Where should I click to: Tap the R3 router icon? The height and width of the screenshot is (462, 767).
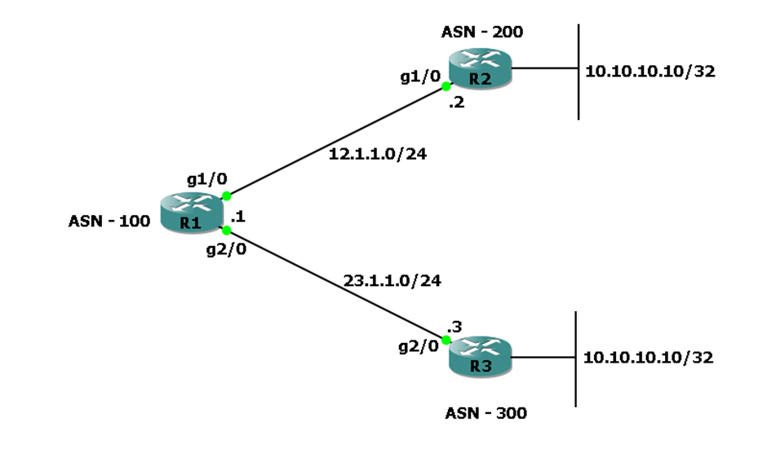(480, 356)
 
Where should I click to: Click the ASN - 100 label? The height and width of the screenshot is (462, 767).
(109, 220)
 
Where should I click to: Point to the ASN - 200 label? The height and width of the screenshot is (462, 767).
(482, 33)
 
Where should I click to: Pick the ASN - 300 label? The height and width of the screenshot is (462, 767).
(485, 413)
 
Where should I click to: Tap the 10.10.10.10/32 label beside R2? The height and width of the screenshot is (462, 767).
(650, 71)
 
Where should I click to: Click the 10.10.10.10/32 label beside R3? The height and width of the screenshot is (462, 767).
(648, 357)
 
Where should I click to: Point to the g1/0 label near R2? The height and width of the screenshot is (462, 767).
(420, 77)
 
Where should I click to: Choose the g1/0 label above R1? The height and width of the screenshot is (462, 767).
(207, 179)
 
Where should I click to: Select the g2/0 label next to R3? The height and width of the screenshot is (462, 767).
(419, 346)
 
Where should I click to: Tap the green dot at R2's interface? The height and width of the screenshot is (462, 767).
(446, 86)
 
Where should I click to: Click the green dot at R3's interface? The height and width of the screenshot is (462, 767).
(446, 340)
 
